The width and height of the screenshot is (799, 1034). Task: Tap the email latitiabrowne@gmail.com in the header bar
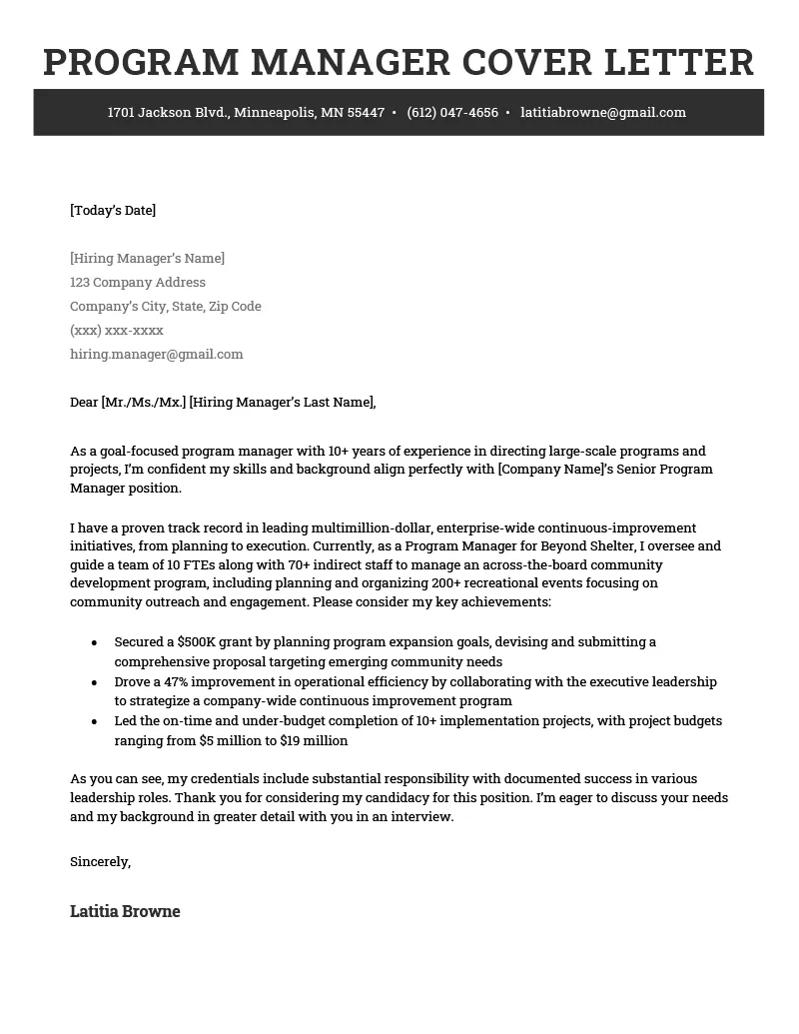(x=603, y=113)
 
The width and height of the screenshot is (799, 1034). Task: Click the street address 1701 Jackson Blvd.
(x=169, y=113)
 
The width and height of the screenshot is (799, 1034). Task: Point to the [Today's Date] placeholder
(x=113, y=210)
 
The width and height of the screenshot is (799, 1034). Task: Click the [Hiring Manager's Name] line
(x=147, y=259)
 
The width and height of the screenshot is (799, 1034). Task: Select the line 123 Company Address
(x=138, y=283)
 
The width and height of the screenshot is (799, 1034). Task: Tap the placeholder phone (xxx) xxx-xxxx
(x=117, y=331)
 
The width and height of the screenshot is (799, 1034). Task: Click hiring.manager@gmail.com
(x=157, y=355)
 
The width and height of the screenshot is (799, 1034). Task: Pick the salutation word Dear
(x=84, y=403)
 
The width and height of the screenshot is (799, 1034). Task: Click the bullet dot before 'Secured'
(x=94, y=642)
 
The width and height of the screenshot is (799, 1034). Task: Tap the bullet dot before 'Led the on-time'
(x=94, y=721)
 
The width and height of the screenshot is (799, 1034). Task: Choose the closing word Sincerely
(x=100, y=861)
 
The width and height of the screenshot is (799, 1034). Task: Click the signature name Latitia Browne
(x=125, y=911)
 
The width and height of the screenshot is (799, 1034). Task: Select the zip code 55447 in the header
(x=366, y=113)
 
